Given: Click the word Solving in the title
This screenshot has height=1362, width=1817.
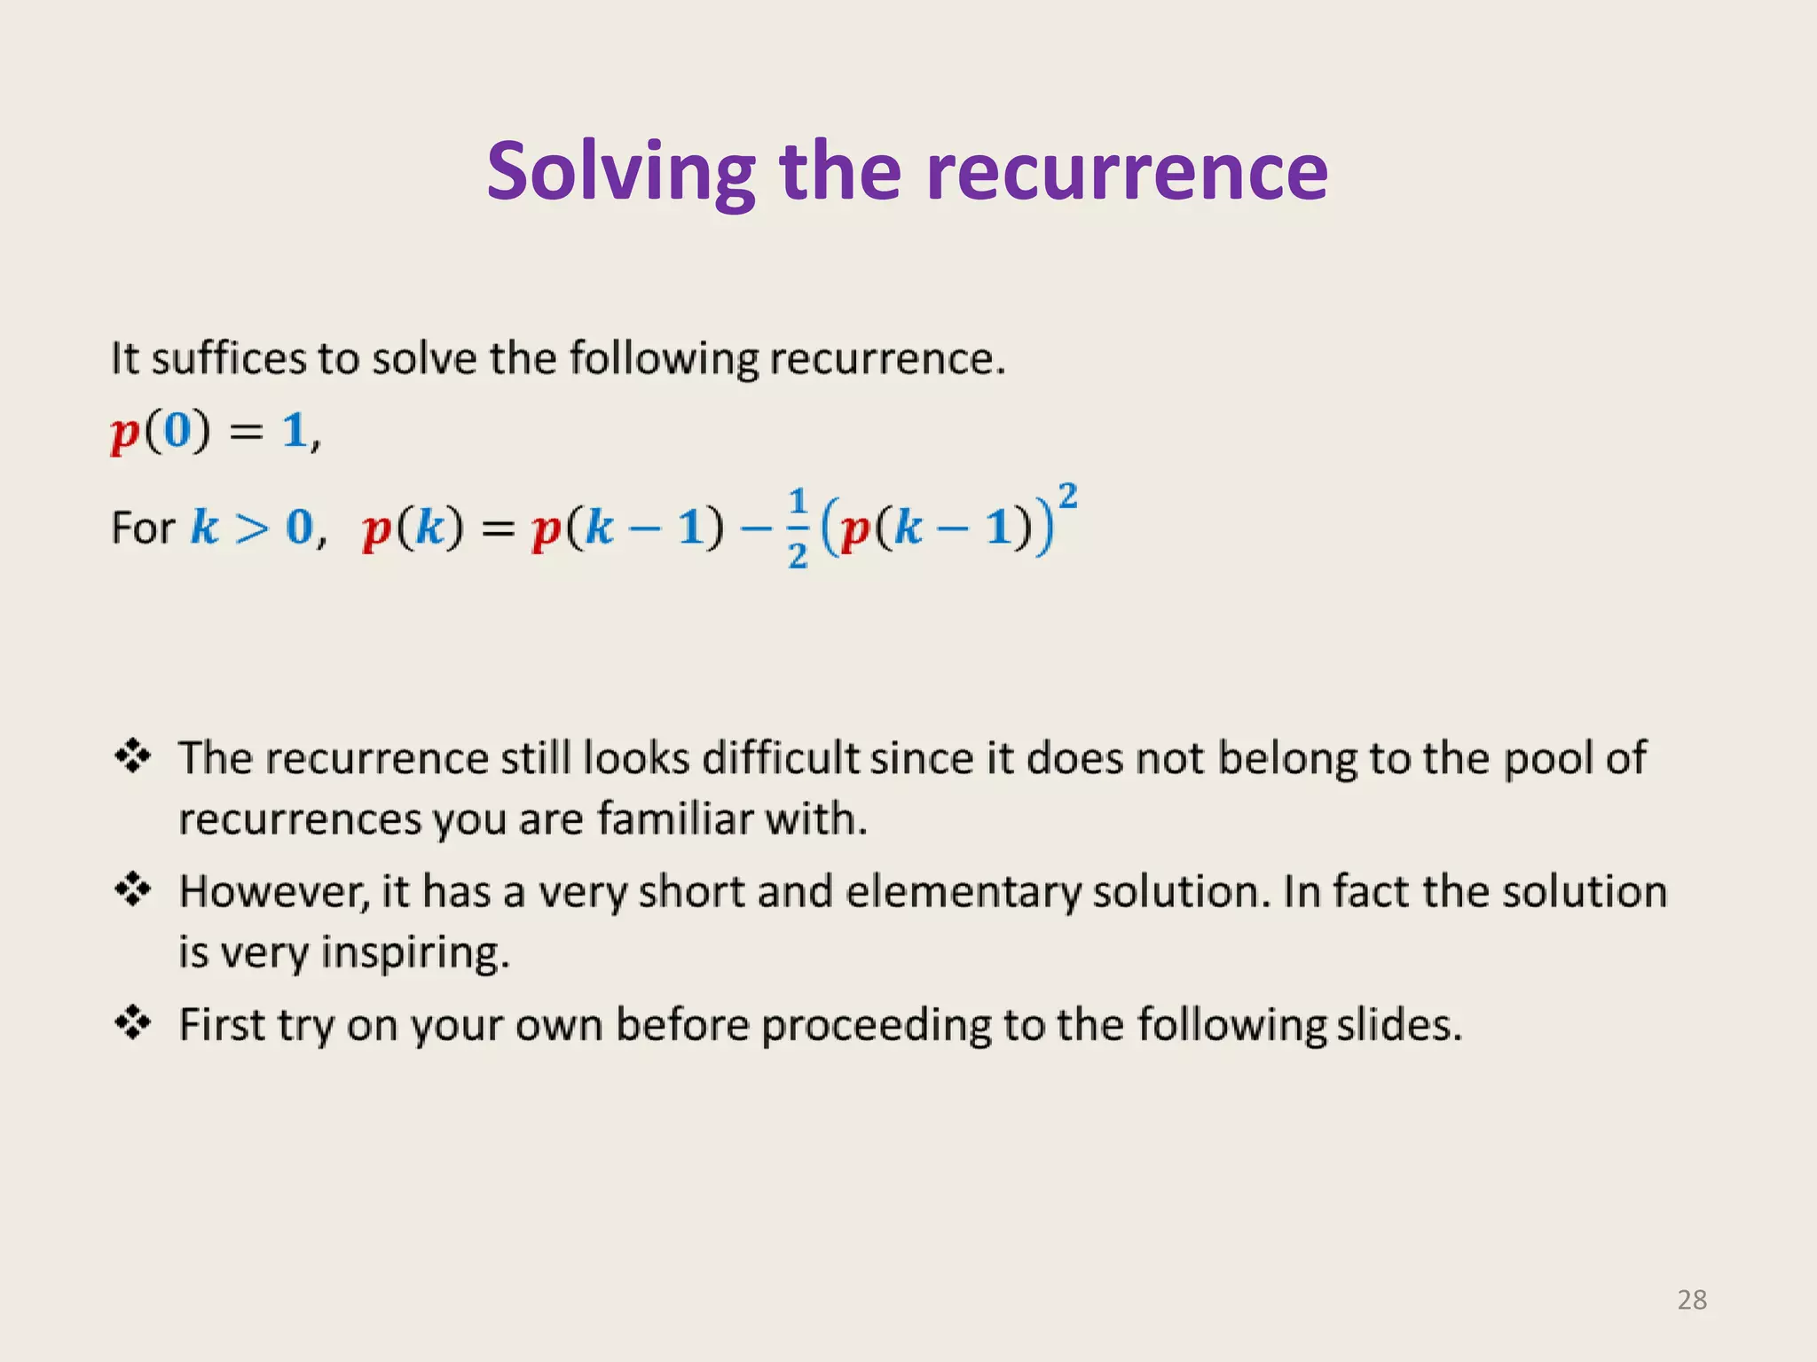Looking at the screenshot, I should [620, 172].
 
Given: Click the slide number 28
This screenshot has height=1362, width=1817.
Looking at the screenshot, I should [1692, 1300].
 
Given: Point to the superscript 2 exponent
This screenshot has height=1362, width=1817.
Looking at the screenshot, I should [1067, 495].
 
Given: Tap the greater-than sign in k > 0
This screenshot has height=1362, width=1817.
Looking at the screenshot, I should [252, 528].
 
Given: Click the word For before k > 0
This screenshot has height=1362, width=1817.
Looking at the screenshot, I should [142, 528].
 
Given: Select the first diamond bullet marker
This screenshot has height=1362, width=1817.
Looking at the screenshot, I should [133, 756].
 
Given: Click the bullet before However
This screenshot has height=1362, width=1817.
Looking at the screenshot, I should [133, 889].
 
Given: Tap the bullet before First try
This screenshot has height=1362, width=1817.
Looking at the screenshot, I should [133, 1023].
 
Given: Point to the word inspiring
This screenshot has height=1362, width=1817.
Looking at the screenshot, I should [414, 953].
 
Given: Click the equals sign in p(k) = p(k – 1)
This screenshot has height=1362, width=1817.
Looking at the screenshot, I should [498, 529].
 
